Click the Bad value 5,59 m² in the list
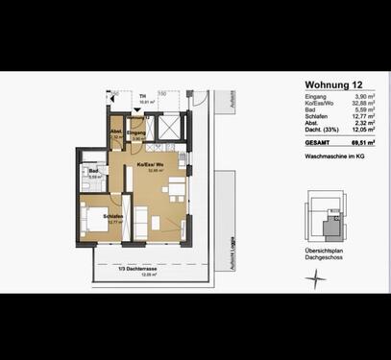pos(362,113)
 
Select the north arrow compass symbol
pos(313,278)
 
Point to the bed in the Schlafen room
pos(96,224)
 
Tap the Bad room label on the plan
pos(94,172)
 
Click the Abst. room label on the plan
pos(116,132)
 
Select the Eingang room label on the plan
pos(136,132)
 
